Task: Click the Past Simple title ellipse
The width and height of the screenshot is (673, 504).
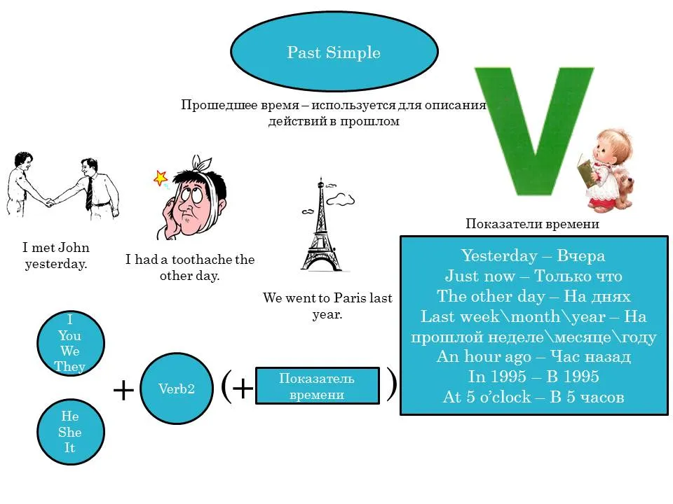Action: [334, 51]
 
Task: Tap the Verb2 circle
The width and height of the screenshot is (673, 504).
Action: [177, 388]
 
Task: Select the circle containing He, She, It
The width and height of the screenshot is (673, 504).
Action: [70, 432]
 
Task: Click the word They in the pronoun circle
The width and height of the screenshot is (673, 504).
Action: [69, 366]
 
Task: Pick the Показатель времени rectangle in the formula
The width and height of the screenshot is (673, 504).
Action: [317, 386]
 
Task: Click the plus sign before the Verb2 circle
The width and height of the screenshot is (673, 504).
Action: [123, 390]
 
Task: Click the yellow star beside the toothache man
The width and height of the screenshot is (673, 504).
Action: [161, 177]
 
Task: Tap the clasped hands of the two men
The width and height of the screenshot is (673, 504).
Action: [50, 201]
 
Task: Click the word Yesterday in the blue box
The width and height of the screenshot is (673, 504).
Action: [499, 255]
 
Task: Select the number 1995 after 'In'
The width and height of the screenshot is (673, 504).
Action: [497, 377]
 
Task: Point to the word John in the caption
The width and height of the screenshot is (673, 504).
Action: [74, 247]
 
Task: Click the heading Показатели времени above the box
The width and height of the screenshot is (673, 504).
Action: [532, 223]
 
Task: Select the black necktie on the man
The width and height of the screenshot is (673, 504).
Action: [89, 193]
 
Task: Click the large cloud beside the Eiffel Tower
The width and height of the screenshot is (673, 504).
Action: [341, 199]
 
